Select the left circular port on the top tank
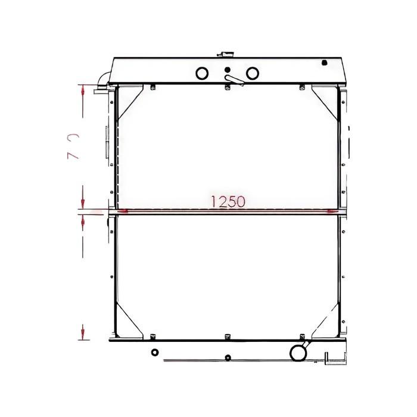coord(202,73)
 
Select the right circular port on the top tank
coord(253,73)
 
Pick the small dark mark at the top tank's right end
coord(325,61)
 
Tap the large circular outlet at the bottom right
coord(297,353)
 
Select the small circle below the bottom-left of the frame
coord(155,352)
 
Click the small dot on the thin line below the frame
coord(227,358)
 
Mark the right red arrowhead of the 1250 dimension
coord(332,210)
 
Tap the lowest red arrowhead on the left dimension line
coord(83,331)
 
